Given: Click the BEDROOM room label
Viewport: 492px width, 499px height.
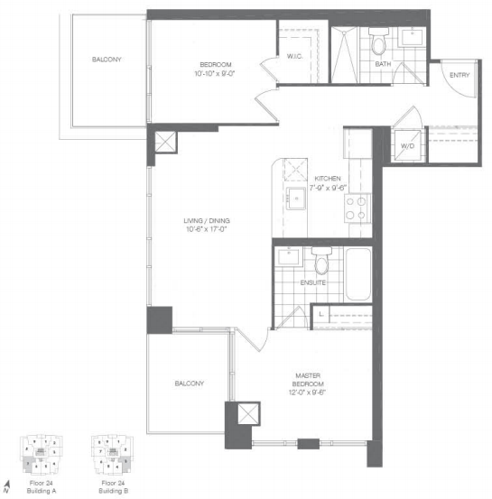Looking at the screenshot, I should click(x=217, y=64).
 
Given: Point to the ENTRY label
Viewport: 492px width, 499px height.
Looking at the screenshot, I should click(x=459, y=75).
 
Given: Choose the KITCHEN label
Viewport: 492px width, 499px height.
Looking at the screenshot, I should click(x=328, y=179).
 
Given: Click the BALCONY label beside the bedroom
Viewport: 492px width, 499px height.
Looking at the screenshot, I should click(x=107, y=60).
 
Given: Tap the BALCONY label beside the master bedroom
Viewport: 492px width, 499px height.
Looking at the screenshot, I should click(x=189, y=383).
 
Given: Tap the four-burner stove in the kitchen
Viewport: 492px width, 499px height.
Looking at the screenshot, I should click(x=356, y=208).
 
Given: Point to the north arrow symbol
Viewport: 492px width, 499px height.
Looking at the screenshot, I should click(x=8, y=487).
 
